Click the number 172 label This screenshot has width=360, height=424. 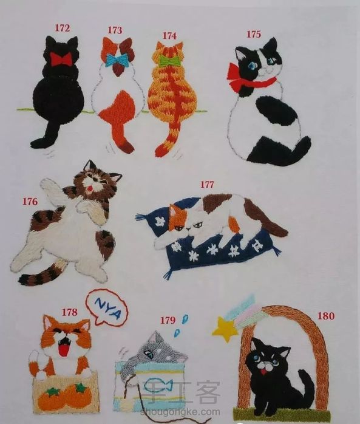pyautogui.click(x=63, y=28)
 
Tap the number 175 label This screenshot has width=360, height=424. pyautogui.click(x=254, y=34)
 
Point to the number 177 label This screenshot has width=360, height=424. pyautogui.click(x=207, y=185)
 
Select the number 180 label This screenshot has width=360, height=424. pyautogui.click(x=325, y=315)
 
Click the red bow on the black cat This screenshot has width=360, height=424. pyautogui.click(x=61, y=59)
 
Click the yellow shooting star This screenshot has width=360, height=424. pyautogui.click(x=225, y=329)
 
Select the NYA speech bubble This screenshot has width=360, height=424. pyautogui.click(x=107, y=307)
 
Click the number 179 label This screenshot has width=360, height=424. pyautogui.click(x=168, y=320)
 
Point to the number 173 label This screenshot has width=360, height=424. pyautogui.click(x=115, y=30)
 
